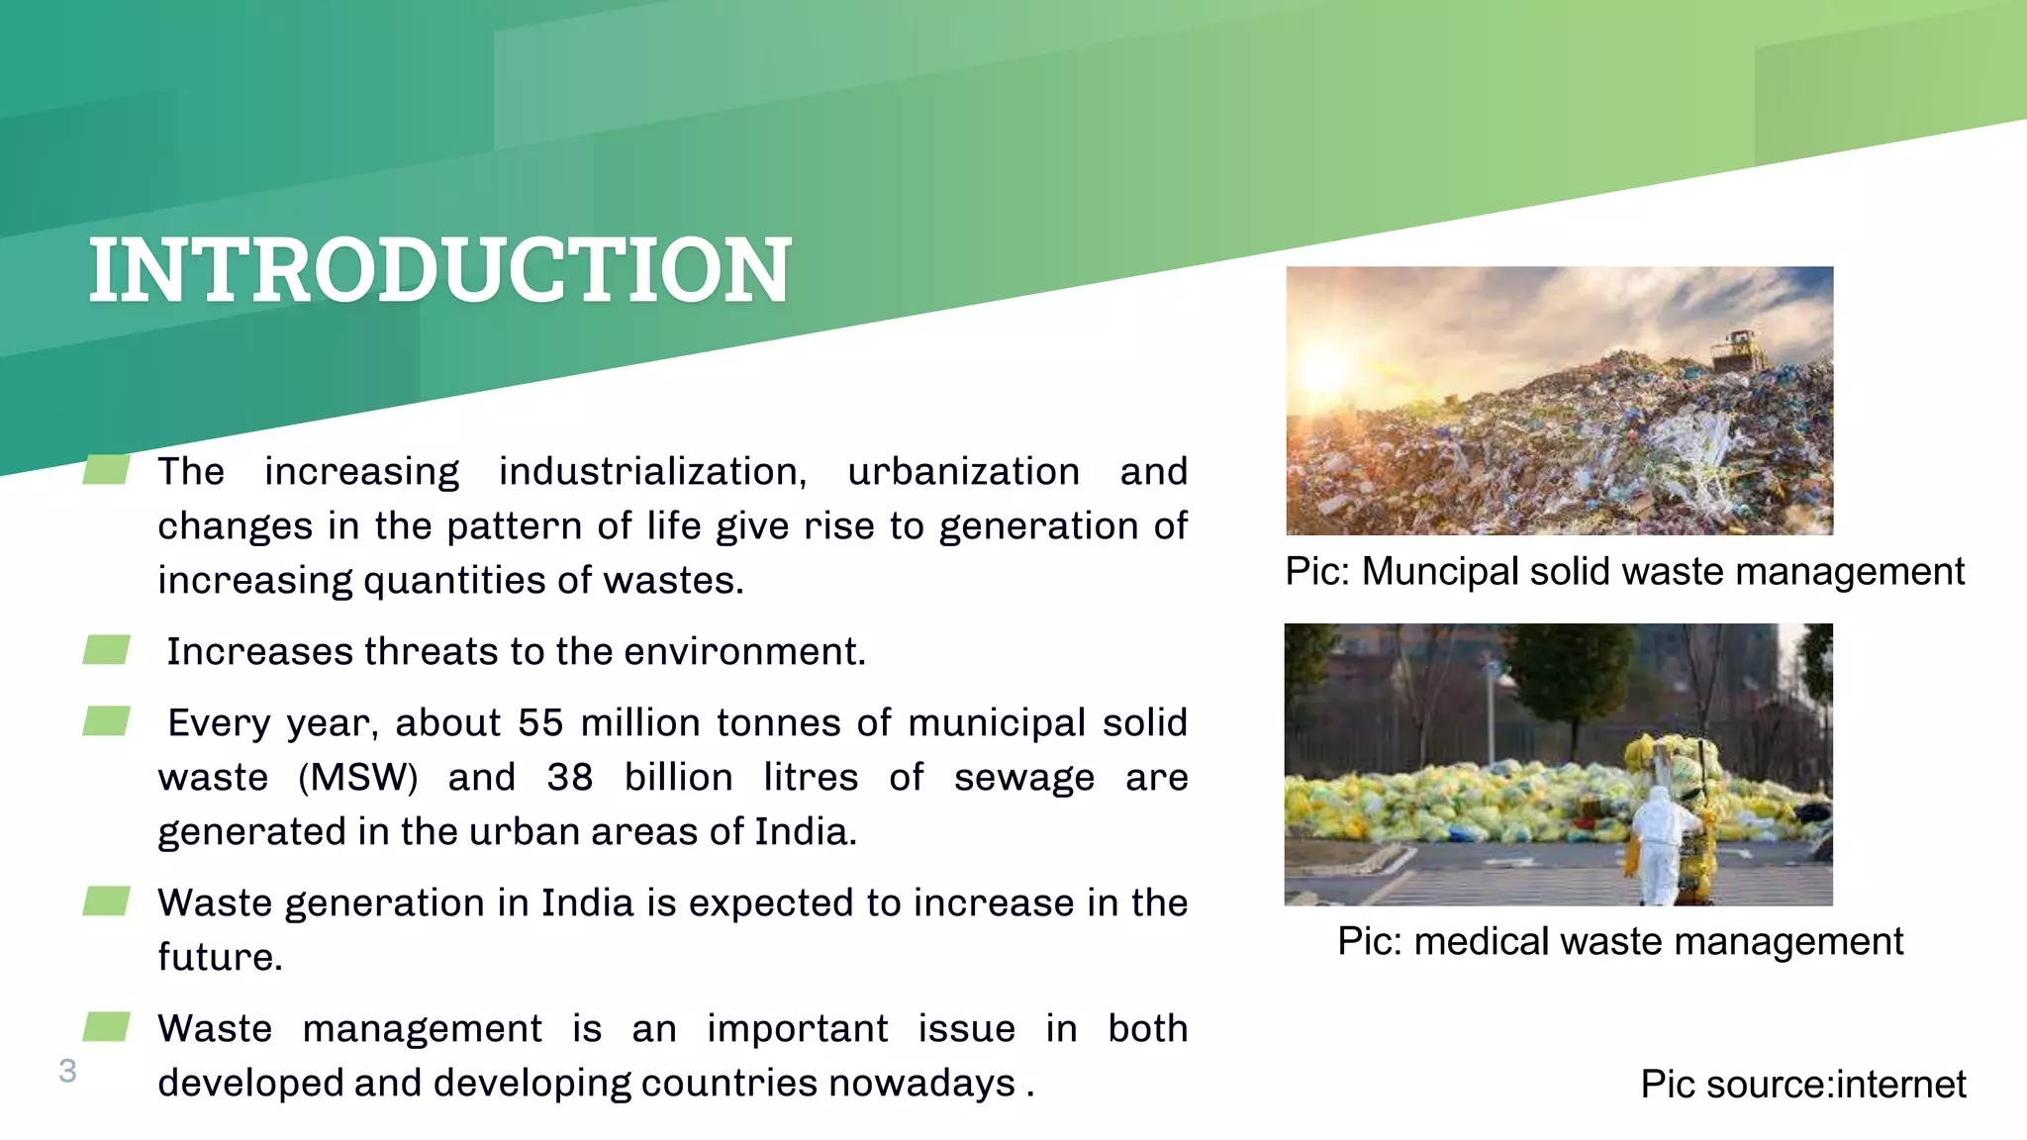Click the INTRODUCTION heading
(x=439, y=270)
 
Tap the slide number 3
(x=67, y=1071)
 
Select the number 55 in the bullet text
(x=539, y=723)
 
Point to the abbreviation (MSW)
(x=358, y=778)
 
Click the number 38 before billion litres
(x=569, y=778)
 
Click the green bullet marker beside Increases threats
(x=106, y=650)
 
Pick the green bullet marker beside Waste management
(x=106, y=1027)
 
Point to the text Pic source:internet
(x=1802, y=1085)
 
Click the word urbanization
(x=963, y=472)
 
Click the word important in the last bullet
(x=797, y=1029)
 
